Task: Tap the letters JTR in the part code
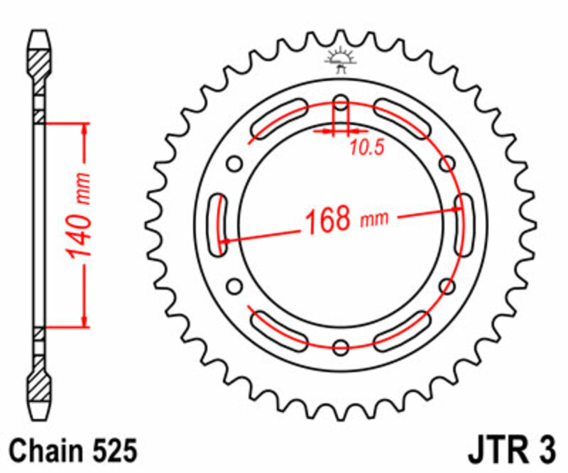[494, 450]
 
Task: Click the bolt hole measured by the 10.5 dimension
[341, 105]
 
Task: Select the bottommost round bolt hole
[341, 347]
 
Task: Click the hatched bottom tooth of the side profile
[40, 390]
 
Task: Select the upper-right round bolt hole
[447, 165]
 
